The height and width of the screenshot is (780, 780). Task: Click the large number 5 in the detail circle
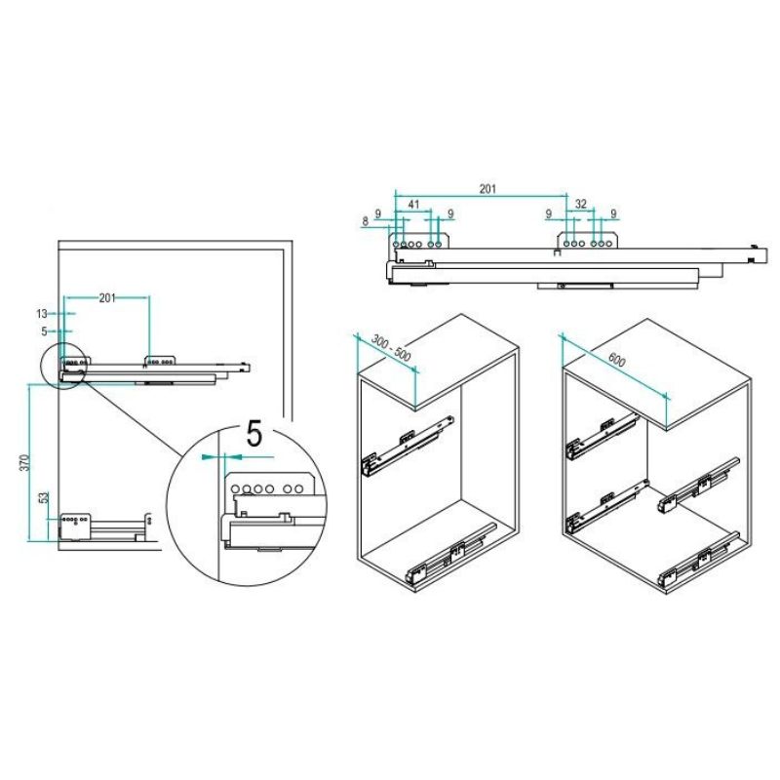tap(254, 434)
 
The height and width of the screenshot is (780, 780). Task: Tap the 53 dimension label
tap(44, 497)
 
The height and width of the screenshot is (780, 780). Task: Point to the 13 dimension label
tap(42, 314)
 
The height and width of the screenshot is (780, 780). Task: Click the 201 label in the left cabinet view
tap(107, 298)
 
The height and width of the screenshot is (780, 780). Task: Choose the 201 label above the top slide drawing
tap(487, 189)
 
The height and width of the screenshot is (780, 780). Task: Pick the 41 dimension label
tap(413, 204)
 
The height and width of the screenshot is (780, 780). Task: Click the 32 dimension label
tap(580, 204)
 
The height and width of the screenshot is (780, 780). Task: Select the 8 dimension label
tap(365, 221)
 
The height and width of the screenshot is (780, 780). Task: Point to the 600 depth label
tap(616, 359)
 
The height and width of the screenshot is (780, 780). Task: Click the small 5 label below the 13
tap(44, 331)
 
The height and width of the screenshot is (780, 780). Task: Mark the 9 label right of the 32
tap(614, 214)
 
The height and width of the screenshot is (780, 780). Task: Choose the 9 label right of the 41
tap(450, 214)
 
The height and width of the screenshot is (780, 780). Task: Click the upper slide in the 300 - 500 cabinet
tap(408, 447)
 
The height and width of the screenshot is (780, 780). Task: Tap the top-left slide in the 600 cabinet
tap(603, 437)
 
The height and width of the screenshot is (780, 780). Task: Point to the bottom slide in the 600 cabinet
tap(699, 559)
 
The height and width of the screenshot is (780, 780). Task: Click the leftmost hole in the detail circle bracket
tap(236, 489)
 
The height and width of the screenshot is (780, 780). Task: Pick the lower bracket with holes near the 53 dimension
tap(75, 526)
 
